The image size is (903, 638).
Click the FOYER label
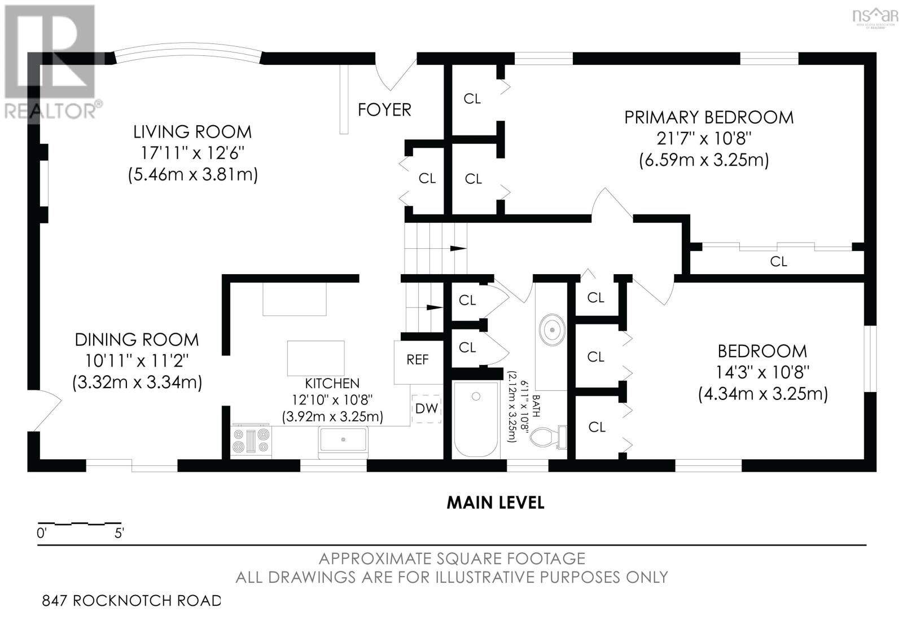[384, 109]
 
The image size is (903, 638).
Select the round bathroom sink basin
[552, 330]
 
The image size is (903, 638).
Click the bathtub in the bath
[476, 419]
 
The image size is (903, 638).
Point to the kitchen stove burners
[251, 441]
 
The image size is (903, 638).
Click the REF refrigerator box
[418, 362]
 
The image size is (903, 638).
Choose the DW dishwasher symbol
[427, 408]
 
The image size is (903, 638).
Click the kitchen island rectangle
[315, 358]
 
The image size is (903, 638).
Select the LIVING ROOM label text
[192, 132]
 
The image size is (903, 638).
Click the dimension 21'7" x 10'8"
[703, 139]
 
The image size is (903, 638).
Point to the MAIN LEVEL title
[496, 503]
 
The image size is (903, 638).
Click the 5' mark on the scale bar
[119, 533]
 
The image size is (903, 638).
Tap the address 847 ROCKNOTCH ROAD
[132, 601]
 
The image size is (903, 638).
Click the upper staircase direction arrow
[458, 248]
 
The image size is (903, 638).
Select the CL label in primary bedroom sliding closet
[778, 262]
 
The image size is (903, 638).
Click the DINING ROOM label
[137, 340]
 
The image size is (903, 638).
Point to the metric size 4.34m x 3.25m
[762, 393]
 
